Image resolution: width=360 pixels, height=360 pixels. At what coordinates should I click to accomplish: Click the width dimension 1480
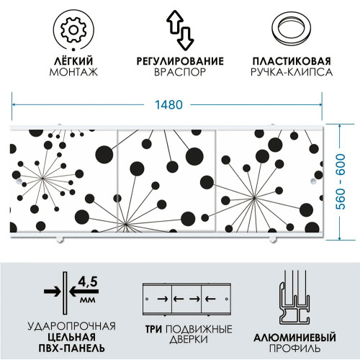click(168, 104)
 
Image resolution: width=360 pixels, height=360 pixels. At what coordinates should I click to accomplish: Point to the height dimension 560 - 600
click(341, 181)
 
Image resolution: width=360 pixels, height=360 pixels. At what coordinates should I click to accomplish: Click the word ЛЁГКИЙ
click(73, 61)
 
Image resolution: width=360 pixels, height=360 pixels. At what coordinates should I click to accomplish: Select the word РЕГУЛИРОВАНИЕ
click(180, 61)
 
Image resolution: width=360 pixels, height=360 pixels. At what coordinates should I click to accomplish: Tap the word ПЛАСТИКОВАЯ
click(292, 61)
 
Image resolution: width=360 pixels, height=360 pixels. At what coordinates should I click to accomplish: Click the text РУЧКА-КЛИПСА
click(292, 72)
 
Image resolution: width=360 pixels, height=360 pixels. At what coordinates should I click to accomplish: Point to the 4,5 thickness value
click(88, 282)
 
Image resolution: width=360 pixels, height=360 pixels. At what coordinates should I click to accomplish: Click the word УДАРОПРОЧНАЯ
click(71, 326)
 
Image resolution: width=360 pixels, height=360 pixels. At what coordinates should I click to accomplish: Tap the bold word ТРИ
click(153, 329)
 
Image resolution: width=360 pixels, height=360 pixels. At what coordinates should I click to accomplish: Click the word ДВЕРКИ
click(189, 340)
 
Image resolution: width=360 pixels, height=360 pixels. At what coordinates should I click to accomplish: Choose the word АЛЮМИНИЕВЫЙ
click(294, 338)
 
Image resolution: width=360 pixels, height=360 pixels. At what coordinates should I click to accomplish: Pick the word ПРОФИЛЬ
click(294, 348)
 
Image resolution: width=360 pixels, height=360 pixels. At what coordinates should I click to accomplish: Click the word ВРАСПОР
click(180, 72)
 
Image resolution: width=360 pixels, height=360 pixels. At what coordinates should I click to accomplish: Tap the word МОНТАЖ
click(73, 72)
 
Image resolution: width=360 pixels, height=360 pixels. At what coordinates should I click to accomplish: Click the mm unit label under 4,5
click(88, 300)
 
